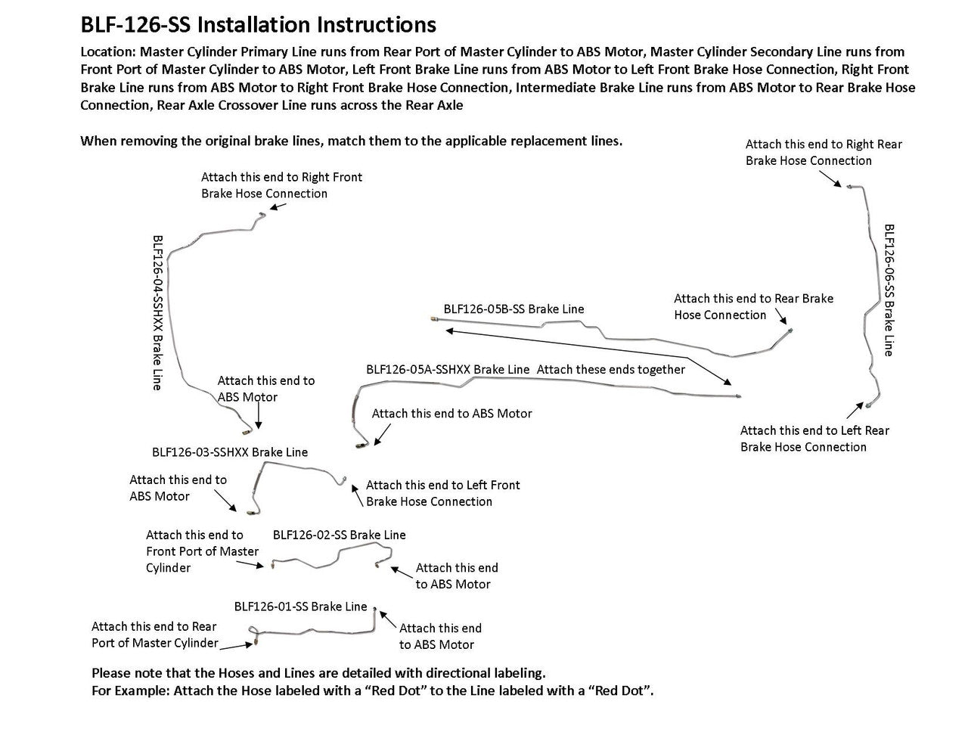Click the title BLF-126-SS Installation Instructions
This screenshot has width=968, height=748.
pos(258,25)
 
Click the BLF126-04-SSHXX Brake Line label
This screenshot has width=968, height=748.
pos(157,312)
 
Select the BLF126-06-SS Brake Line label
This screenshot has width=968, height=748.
pos(889,289)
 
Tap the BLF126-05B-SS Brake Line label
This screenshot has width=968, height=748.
pos(513,309)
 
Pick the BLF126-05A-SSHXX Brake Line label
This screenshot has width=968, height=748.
pos(448,370)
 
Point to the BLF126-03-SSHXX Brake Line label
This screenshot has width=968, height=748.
pos(230,452)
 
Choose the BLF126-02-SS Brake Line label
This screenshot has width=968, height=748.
pos(339,535)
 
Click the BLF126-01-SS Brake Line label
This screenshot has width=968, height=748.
pos(300,607)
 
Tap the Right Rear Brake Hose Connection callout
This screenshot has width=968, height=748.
pos(823,152)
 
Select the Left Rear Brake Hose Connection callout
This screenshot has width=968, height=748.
pos(814,439)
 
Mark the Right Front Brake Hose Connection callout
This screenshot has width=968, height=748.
pos(281,185)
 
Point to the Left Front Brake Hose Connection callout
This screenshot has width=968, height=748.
pos(442,493)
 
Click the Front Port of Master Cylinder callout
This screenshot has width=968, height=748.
pos(201,551)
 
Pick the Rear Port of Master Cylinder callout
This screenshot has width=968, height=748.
pos(154,635)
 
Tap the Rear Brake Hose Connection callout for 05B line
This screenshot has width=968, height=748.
pos(753,306)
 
